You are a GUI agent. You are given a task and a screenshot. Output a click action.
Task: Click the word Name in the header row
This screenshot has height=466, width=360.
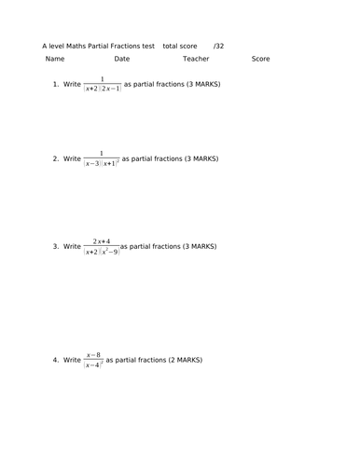tap(55, 59)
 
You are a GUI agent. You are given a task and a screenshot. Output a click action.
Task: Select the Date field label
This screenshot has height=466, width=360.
tap(122, 59)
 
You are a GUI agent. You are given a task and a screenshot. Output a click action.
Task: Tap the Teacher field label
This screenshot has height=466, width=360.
tap(196, 59)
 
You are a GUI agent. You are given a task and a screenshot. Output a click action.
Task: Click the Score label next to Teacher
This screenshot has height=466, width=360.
tap(260, 59)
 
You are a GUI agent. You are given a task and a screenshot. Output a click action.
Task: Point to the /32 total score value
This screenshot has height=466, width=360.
tap(218, 45)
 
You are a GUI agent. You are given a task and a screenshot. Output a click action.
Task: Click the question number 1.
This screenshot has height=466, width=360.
tap(56, 85)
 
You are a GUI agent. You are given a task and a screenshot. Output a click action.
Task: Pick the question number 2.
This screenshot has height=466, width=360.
tap(56, 159)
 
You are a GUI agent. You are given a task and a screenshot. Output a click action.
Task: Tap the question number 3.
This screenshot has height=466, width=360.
tap(56, 247)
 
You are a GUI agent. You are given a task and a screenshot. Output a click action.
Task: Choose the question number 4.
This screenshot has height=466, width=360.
tap(56, 360)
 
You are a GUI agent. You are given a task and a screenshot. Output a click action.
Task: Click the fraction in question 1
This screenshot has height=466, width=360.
tap(103, 85)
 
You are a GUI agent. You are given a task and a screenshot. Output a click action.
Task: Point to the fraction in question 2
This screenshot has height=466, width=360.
tap(102, 159)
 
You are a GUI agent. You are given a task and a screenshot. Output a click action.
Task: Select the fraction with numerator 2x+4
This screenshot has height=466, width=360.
tap(102, 247)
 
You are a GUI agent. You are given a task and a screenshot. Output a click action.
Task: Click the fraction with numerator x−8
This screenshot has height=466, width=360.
tap(93, 360)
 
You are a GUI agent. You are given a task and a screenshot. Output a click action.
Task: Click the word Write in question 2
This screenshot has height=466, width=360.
tap(72, 159)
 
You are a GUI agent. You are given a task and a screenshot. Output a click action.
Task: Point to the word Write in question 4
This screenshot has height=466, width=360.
tap(72, 360)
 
